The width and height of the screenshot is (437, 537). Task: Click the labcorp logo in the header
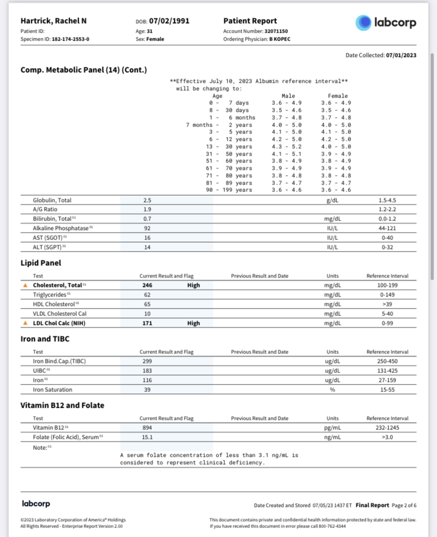(386, 22)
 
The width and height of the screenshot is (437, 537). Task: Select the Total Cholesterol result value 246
(147, 285)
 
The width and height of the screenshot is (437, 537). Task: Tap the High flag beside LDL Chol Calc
(194, 323)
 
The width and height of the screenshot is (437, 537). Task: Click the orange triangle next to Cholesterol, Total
(25, 285)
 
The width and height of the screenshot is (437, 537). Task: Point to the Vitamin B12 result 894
(147, 428)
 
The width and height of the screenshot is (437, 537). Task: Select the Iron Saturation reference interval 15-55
(387, 390)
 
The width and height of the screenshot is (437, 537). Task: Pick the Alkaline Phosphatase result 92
(147, 228)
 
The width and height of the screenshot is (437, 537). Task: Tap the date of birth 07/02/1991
(169, 21)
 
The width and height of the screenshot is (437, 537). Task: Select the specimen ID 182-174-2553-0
(71, 39)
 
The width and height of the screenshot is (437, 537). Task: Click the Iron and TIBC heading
(44, 339)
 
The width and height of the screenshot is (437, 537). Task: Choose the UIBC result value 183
(147, 371)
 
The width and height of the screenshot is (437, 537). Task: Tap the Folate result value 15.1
(147, 437)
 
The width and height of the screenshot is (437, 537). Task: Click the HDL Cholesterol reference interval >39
(387, 304)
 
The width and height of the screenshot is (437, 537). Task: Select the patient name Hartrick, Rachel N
(53, 21)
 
